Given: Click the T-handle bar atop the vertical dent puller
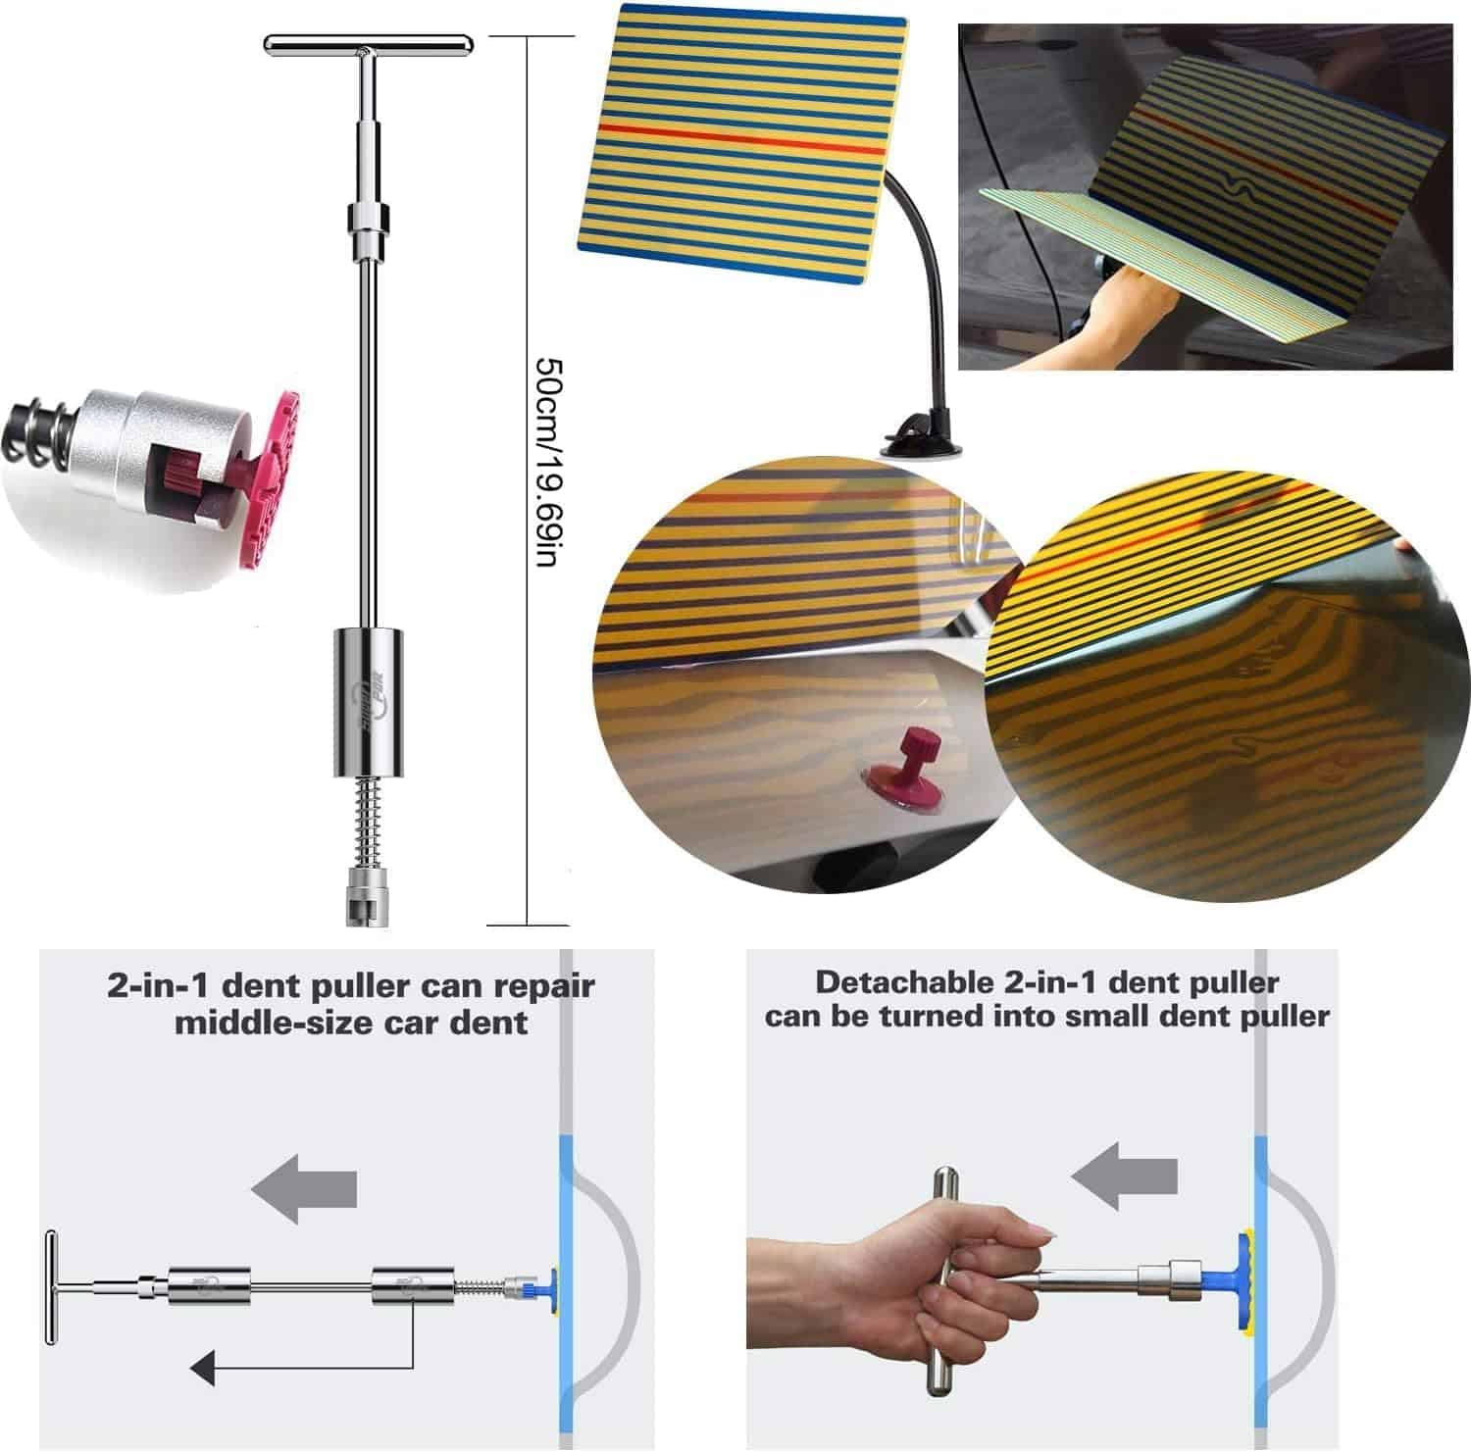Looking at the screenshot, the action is [x=368, y=44].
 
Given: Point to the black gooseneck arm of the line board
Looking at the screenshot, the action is [x=923, y=284].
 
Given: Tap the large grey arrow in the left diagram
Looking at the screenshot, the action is [x=304, y=1188].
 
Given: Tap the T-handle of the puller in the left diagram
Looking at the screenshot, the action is [x=51, y=1285].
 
